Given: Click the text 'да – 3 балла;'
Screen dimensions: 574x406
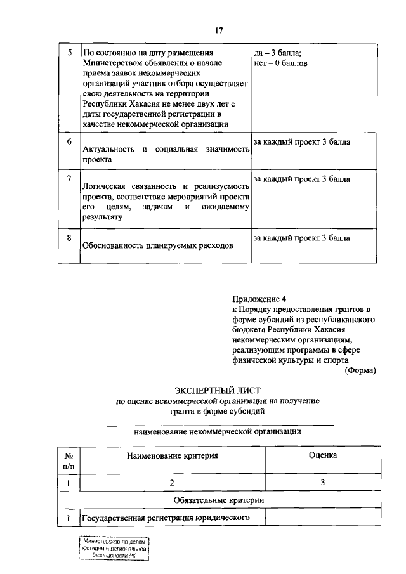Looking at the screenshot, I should coord(277,53).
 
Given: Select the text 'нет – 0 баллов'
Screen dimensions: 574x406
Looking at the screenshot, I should coord(280,63).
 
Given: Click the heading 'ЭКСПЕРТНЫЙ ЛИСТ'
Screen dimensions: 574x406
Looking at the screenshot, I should coord(218,389).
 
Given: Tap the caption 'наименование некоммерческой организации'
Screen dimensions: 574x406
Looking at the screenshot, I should coord(218,432).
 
